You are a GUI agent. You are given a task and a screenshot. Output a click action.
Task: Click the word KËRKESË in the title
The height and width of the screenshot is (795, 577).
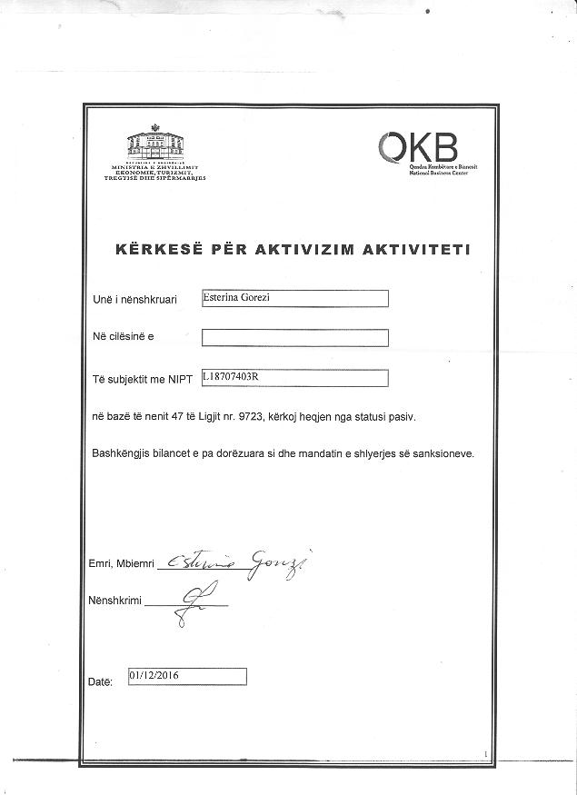tap(153, 249)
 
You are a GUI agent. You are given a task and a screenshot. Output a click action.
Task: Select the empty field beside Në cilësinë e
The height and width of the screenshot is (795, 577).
tap(294, 338)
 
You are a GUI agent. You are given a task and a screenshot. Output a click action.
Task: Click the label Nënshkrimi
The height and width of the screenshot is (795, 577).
tap(114, 601)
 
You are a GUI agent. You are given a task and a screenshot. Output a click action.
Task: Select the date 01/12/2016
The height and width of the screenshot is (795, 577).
tap(155, 675)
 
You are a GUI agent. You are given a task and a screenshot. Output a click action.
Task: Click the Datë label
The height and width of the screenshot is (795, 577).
tap(100, 681)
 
